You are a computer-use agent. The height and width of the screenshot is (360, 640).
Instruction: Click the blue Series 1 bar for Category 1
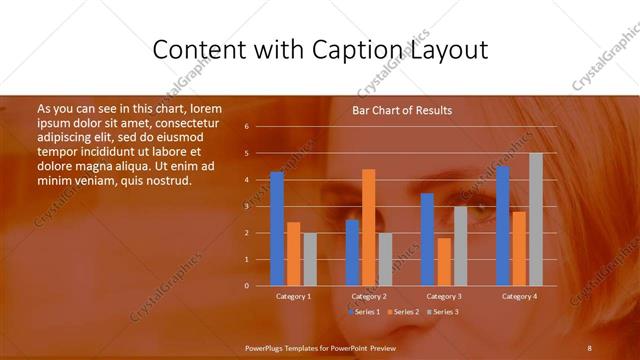277,229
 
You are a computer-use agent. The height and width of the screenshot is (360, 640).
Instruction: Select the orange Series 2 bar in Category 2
369,228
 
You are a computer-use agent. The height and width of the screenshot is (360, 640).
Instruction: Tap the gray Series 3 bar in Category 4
536,220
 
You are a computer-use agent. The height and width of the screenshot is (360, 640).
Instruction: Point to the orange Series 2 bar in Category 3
444,262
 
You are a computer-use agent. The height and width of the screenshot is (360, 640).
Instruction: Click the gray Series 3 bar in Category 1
310,259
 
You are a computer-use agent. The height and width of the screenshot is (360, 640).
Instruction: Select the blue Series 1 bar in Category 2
352,253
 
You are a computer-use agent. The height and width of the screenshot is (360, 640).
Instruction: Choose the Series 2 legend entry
402,312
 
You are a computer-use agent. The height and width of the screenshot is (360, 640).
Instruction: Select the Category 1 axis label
294,296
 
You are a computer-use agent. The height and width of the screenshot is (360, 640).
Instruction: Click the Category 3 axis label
444,296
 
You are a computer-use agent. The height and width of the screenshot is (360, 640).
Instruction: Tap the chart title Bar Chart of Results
402,110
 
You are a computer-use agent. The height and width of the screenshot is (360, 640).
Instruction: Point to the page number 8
589,347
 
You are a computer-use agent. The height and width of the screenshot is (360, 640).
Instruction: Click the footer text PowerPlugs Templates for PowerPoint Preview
320,347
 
